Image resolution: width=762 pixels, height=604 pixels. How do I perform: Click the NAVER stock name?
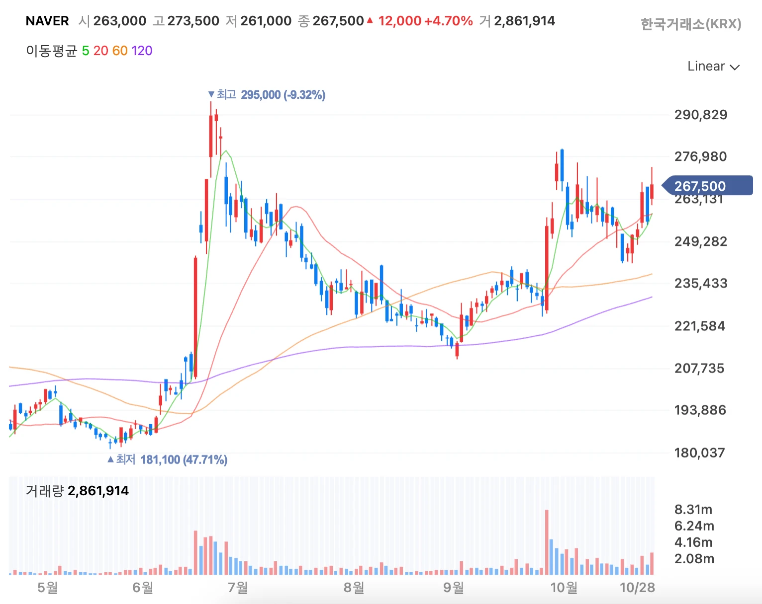click(x=47, y=21)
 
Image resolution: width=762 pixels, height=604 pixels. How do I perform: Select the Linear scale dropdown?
click(x=713, y=66)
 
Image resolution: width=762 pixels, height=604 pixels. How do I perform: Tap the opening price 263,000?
click(x=119, y=21)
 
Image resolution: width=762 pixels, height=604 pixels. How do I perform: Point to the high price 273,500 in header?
click(x=193, y=21)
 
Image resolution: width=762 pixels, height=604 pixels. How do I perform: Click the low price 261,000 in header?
click(x=266, y=21)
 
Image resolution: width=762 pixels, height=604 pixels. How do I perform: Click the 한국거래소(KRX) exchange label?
click(x=690, y=24)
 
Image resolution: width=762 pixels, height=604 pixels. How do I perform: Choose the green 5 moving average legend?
click(x=86, y=51)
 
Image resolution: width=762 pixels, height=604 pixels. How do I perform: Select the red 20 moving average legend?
click(x=100, y=51)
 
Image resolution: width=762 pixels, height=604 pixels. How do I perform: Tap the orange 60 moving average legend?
click(x=120, y=51)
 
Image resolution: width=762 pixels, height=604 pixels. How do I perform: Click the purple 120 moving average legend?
click(x=142, y=51)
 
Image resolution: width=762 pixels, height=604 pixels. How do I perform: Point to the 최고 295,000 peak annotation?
click(x=267, y=94)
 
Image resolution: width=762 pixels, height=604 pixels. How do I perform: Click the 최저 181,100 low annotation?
click(x=168, y=459)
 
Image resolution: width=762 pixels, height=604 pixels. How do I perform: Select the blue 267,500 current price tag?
click(x=706, y=186)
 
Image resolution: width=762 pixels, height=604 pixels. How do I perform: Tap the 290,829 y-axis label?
click(x=700, y=115)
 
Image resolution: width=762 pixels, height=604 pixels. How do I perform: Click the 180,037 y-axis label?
click(x=699, y=453)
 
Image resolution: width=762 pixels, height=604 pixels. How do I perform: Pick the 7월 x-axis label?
click(x=238, y=588)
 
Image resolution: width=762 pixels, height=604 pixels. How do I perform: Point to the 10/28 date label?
click(x=637, y=588)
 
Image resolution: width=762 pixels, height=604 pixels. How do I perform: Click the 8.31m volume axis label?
click(x=693, y=510)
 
